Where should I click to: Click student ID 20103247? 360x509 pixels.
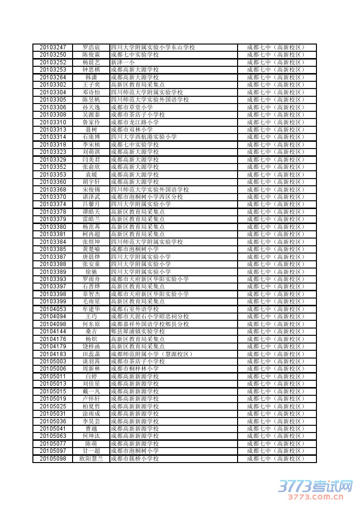(x=53, y=47)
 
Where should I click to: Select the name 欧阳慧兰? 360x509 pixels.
(x=91, y=458)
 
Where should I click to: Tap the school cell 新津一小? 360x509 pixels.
(x=123, y=62)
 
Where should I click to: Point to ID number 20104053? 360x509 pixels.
(x=53, y=309)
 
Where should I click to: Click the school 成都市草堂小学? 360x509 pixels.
(x=132, y=107)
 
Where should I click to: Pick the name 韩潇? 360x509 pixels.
(x=91, y=77)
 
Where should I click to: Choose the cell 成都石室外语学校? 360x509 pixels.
(x=135, y=309)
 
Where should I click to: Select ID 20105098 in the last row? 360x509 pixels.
(x=53, y=458)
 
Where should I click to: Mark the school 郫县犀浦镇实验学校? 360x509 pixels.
(x=138, y=331)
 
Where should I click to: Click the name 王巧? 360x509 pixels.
(x=91, y=316)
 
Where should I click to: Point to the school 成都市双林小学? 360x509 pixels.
(x=132, y=129)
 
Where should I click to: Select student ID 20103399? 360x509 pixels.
(x=53, y=301)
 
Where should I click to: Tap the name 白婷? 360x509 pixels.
(x=91, y=376)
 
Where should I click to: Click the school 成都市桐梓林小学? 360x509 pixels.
(x=135, y=369)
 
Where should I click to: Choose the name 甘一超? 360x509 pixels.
(x=91, y=451)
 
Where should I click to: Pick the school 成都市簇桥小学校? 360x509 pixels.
(x=135, y=458)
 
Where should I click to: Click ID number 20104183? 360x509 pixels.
(x=53, y=354)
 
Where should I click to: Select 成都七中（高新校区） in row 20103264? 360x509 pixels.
(x=276, y=77)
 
